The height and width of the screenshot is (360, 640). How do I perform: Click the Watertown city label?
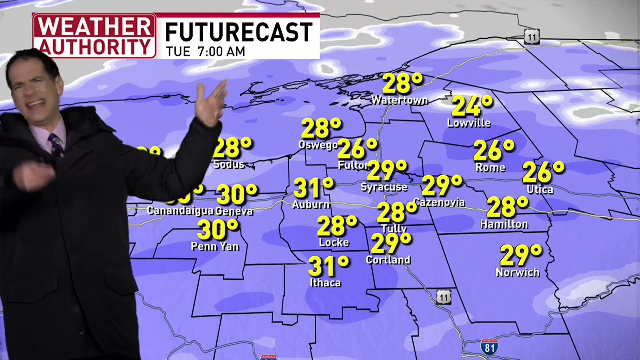[399, 100]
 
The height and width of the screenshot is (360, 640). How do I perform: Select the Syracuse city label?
[384, 187]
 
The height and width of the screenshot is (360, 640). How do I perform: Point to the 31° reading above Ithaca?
[328, 266]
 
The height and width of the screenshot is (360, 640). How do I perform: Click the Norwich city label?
[517, 272]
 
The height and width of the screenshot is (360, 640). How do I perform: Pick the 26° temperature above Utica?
[543, 173]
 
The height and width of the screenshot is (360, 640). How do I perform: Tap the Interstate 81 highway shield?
[489, 346]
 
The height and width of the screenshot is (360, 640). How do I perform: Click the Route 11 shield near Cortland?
[443, 297]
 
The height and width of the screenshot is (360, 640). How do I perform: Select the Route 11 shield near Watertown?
[532, 36]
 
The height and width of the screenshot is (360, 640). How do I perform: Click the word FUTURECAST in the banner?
[239, 33]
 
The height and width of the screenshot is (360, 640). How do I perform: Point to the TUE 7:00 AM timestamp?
[206, 51]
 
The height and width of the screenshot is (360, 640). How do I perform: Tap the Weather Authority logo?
[94, 36]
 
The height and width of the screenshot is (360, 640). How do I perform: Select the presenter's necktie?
[56, 144]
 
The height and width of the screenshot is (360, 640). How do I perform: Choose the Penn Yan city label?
[215, 246]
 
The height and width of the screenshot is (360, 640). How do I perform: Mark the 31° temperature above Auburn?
[313, 188]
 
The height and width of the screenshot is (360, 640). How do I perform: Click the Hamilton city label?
[504, 224]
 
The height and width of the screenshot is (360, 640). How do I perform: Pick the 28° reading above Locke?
[337, 226]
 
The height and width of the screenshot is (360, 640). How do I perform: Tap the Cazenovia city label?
[439, 202]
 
